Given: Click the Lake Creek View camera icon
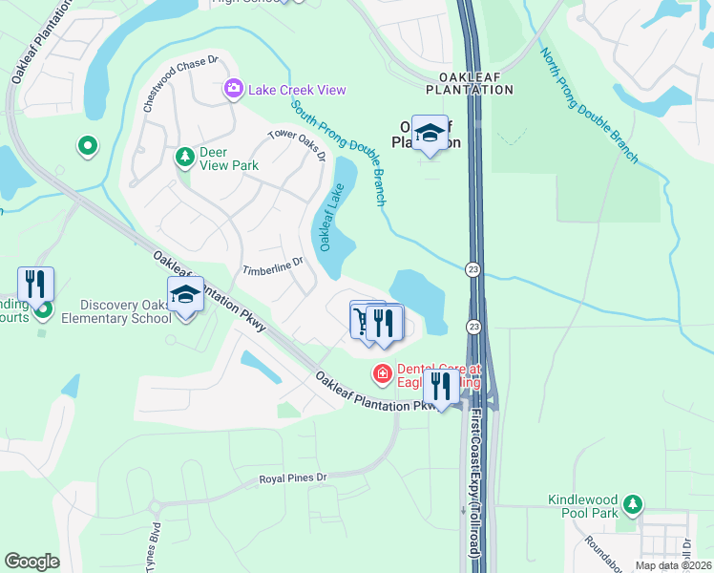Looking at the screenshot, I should point(234,90).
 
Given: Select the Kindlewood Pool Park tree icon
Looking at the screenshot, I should point(630,503).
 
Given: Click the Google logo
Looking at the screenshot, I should point(31,562).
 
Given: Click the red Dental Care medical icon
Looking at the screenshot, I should point(382,373).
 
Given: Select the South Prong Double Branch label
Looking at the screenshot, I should point(339,153).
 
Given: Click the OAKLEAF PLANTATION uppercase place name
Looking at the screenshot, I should point(476,82).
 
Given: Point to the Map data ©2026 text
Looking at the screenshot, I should point(672,565).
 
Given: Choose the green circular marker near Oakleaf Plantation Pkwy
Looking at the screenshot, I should point(87,146).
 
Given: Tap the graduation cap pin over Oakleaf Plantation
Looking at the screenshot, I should point(430,133).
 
